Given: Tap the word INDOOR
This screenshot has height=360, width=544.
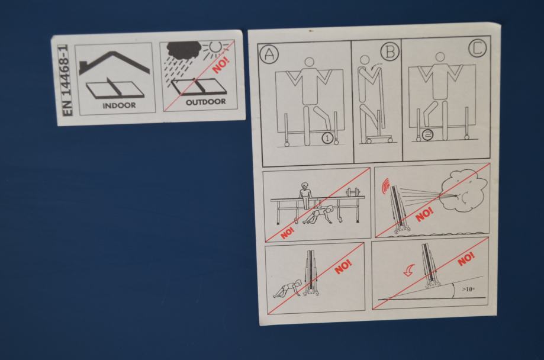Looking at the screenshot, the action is coord(119,105).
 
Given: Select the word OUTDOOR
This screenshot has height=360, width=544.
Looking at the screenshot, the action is coord(206,102).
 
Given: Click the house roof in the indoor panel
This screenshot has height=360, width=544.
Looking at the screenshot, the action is coord(114,63).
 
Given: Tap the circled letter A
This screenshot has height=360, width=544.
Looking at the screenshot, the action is coord(269,54).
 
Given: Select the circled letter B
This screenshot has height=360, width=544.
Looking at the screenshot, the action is coord(390,52).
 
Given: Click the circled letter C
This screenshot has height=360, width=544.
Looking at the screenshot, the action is coord(478,48).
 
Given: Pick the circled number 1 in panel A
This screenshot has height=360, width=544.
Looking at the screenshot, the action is coord(327,138).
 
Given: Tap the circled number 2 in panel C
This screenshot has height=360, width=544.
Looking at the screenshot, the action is coord(428,135).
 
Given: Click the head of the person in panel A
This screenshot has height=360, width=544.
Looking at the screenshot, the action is coord(309,62).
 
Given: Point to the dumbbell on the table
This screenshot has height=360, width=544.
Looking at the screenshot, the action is coord(353,192).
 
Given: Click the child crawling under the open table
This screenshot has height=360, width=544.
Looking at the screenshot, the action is coord(318,215).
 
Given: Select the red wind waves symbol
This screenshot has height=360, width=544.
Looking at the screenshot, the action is coord(385,186).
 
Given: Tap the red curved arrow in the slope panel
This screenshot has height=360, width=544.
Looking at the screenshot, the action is coord(410,270).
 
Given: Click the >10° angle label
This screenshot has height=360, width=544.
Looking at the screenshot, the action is coord(468,289).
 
